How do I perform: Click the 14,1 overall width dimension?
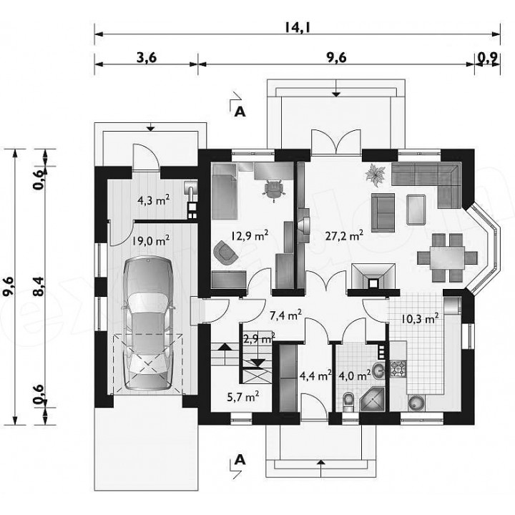click(x=298, y=27)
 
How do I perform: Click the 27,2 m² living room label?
click(x=344, y=235)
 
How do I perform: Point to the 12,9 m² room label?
click(x=250, y=235)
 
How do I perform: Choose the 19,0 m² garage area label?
click(x=151, y=240)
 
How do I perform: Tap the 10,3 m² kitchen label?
click(x=420, y=318)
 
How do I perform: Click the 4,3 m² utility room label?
click(x=153, y=200)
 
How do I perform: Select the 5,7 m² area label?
click(x=242, y=397)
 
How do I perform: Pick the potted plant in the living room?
click(x=375, y=173)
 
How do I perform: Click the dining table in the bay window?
click(x=447, y=257)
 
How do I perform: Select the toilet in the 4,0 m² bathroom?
click(x=348, y=401)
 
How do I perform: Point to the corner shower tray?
click(x=372, y=399)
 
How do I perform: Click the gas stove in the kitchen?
click(x=398, y=368)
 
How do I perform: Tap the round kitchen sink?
click(x=416, y=403)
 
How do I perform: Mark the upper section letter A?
click(x=240, y=112)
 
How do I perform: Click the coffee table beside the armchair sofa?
click(x=416, y=210)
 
